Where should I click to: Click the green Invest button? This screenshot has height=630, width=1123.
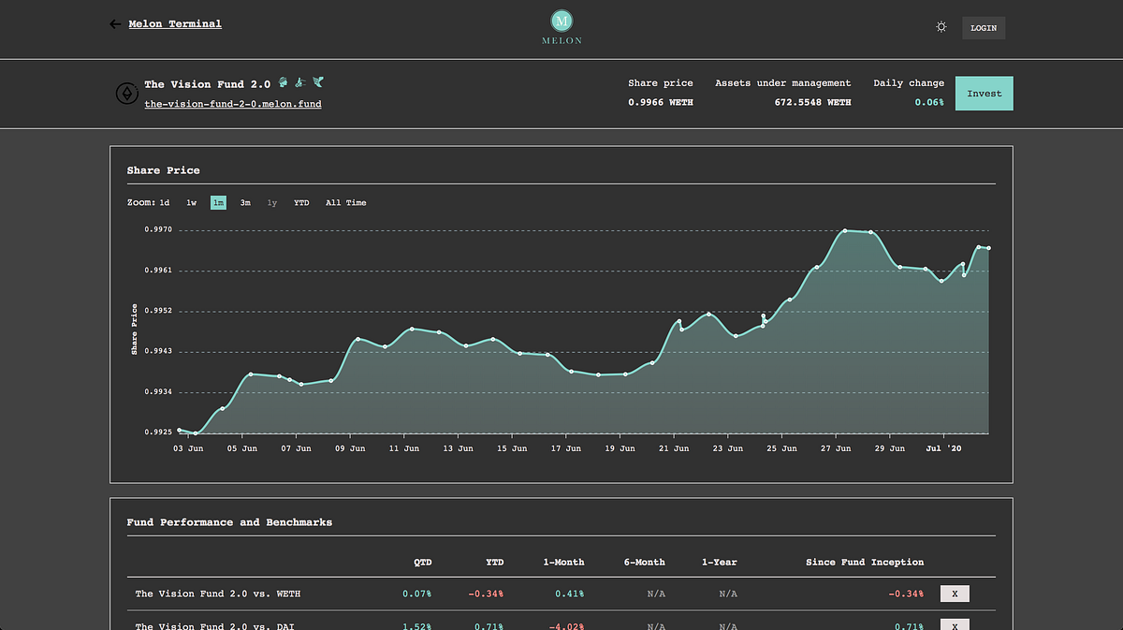coord(984,94)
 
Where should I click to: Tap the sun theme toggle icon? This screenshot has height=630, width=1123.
coord(941,27)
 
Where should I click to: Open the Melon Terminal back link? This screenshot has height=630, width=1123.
coord(175,23)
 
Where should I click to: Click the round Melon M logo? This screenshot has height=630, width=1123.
coord(561,22)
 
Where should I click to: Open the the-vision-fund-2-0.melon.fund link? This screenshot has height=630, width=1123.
coord(233,104)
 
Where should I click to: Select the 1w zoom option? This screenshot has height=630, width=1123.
coord(192,202)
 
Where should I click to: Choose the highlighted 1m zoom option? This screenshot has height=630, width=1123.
coord(218,202)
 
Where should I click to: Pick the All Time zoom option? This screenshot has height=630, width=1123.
coord(346,202)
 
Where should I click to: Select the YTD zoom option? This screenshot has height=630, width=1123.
coord(301,202)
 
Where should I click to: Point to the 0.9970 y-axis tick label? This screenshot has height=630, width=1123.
coord(158,229)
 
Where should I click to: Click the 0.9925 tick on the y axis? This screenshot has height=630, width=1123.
coord(158,432)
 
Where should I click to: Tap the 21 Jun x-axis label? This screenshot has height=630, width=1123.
coord(674,448)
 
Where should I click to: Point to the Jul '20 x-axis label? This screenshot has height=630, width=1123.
coord(943,448)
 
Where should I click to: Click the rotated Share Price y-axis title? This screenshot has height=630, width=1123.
coord(134,330)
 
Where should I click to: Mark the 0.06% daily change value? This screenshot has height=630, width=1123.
coord(929,102)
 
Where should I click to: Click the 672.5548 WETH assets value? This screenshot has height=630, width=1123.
coord(812,102)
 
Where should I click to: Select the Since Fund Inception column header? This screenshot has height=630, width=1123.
coord(865,563)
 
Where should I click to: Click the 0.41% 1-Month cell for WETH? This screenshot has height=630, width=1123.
coord(570,593)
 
